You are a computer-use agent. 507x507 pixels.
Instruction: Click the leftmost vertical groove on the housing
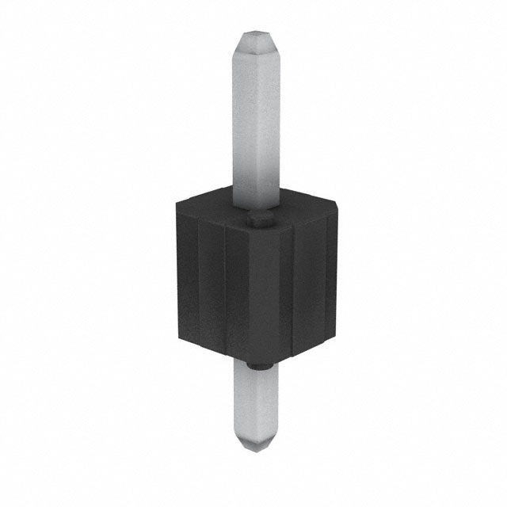pos(198,277)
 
